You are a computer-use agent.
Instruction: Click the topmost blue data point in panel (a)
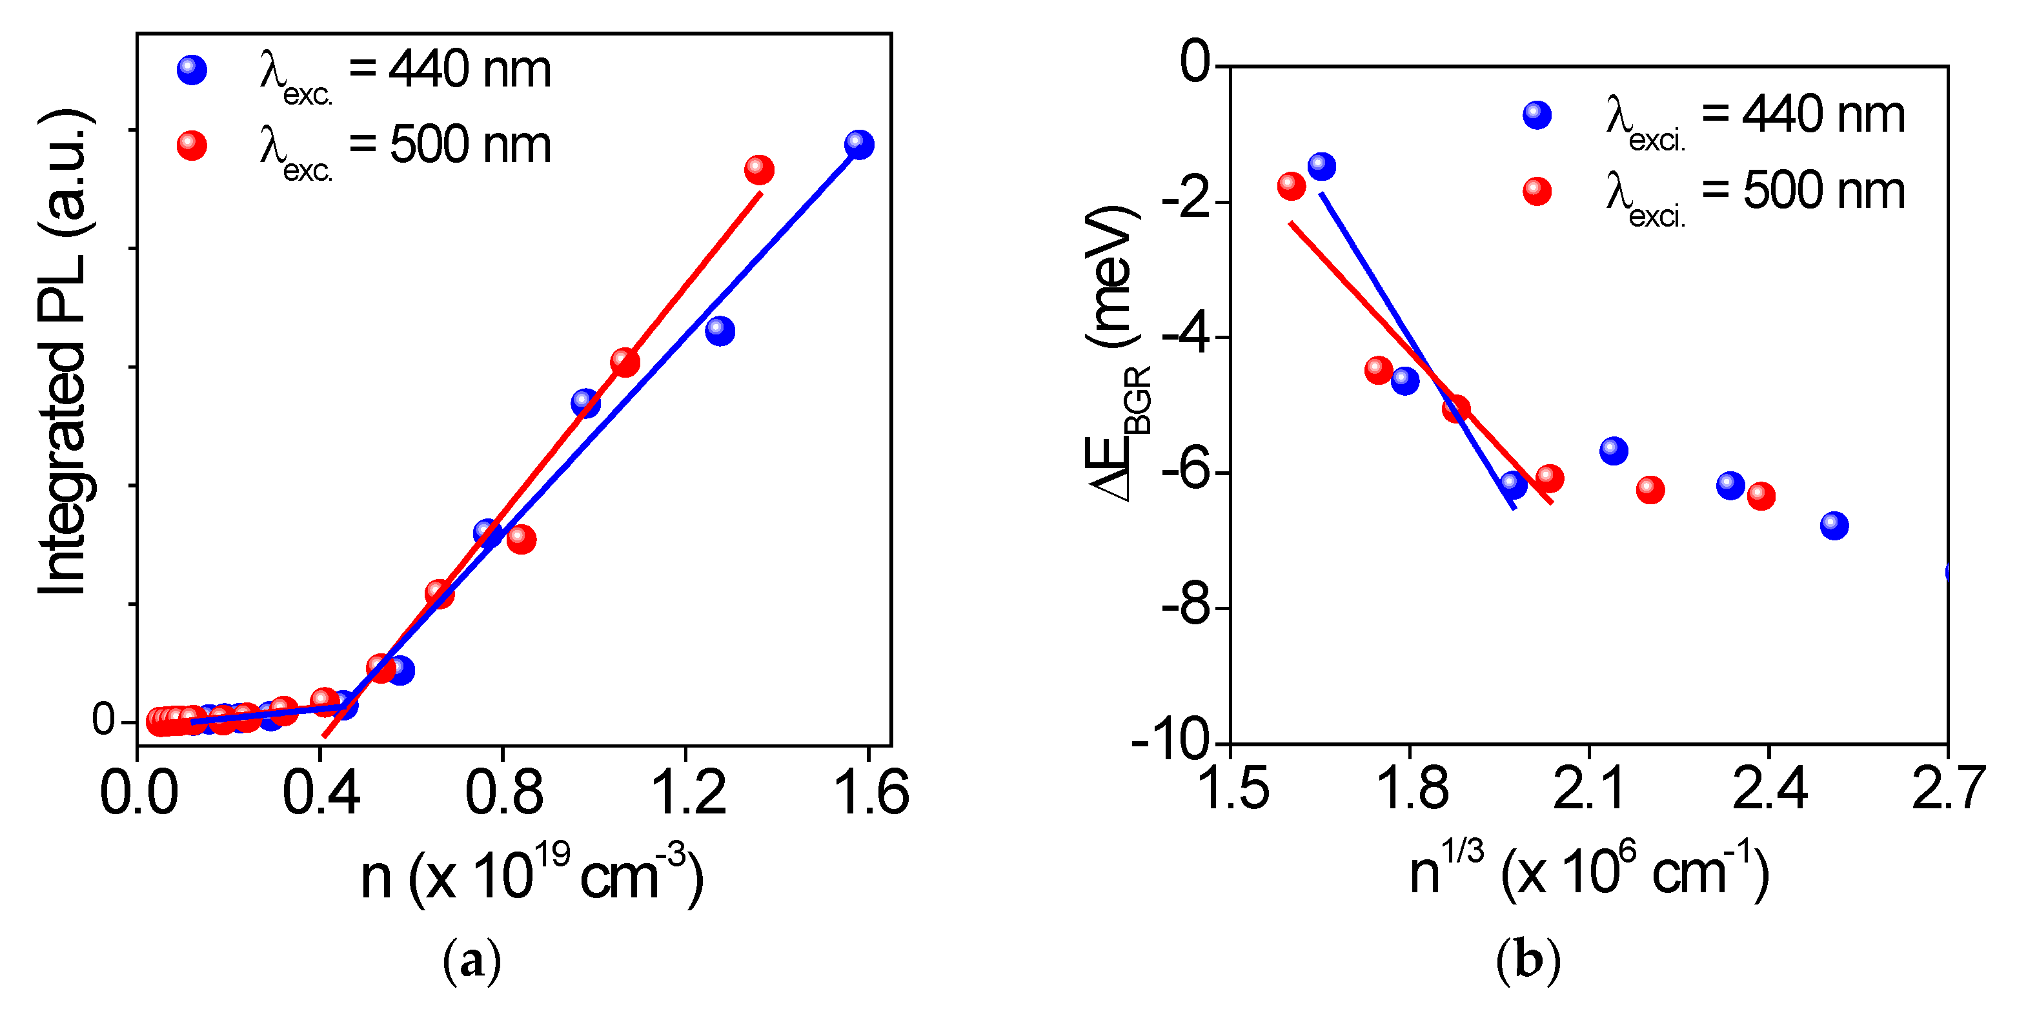click(859, 145)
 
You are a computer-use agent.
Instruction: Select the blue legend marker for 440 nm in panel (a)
click(192, 70)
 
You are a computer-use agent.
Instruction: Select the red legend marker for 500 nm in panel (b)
click(1537, 191)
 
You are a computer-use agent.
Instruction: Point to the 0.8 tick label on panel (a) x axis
click(503, 793)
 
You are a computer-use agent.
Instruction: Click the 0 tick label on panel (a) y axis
click(103, 719)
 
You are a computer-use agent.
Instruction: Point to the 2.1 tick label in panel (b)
click(1588, 790)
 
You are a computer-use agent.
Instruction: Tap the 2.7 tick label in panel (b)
click(1947, 790)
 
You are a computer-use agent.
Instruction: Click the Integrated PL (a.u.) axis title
click(64, 352)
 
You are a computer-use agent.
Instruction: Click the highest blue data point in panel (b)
click(1321, 166)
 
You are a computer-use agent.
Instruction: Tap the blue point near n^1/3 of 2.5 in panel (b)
click(1834, 526)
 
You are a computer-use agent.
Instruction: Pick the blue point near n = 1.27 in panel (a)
click(720, 331)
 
